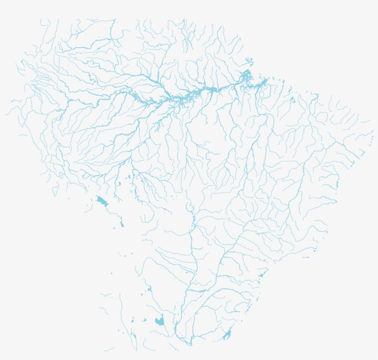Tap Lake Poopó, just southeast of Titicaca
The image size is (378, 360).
point(122,224)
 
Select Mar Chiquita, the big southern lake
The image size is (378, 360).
point(160,321)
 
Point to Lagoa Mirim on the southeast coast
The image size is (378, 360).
point(227,335)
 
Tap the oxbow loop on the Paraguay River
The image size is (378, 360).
point(189,207)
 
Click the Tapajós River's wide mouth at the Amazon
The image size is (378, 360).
point(213,90)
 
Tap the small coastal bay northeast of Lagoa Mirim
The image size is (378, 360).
point(261,276)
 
